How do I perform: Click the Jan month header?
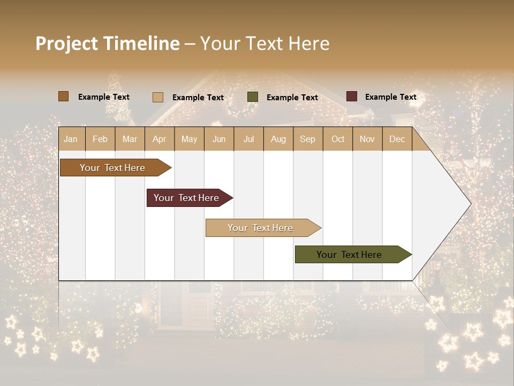71,139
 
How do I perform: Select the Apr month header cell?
159,139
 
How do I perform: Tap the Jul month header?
248,139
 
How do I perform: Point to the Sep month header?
307,139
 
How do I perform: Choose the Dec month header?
397,139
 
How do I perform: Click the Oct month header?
338,139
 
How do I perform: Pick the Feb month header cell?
100,139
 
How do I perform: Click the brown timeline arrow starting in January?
112,168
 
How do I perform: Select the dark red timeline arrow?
186,198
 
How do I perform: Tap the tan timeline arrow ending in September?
260,228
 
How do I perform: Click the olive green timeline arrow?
349,255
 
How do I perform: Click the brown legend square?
63,96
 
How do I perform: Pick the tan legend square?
158,97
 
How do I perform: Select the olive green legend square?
253,97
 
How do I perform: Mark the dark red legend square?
352,96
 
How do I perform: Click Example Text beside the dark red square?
390,97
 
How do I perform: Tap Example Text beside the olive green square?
292,98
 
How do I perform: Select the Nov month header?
367,139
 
